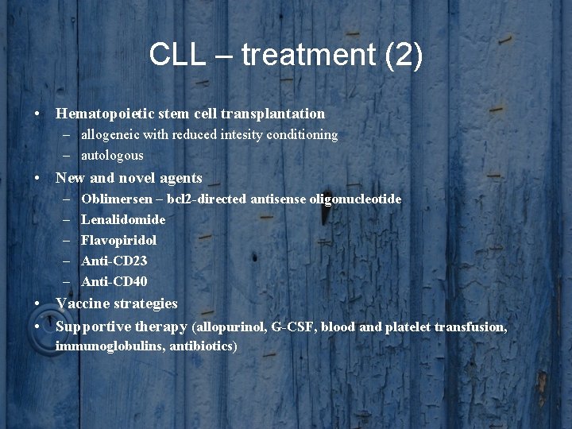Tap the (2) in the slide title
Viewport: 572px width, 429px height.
click(x=403, y=55)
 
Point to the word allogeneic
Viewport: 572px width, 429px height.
click(x=112, y=135)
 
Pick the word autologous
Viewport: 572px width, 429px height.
click(x=112, y=155)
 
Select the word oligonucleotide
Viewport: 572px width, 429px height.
click(x=355, y=199)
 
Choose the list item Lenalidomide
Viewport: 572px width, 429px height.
click(x=123, y=219)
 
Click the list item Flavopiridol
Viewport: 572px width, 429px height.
click(x=118, y=240)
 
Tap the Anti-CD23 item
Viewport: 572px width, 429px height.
click(x=114, y=261)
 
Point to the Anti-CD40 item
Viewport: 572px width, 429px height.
click(x=114, y=281)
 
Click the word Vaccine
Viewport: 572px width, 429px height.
click(x=83, y=303)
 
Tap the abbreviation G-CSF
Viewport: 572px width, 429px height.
click(x=291, y=327)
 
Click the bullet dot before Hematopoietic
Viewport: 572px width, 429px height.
click(x=38, y=114)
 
